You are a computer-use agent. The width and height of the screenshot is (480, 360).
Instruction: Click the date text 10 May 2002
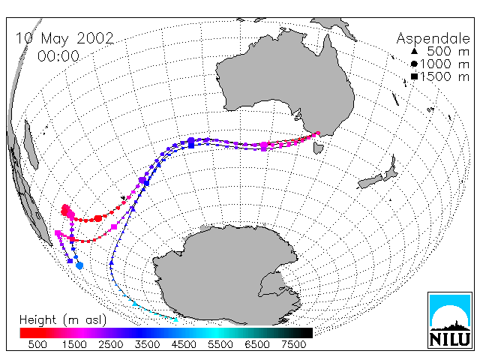coord(64,39)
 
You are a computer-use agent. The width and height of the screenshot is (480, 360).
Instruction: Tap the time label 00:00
coord(58,56)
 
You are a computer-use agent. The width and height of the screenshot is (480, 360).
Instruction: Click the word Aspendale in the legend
coord(433,39)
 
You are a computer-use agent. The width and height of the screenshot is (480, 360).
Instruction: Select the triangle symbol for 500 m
coord(414,51)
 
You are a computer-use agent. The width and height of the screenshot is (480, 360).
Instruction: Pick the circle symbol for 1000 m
coord(414,64)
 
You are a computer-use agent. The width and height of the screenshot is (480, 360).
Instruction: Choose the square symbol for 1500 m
coord(414,76)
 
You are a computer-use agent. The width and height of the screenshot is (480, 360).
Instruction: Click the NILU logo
coord(450,320)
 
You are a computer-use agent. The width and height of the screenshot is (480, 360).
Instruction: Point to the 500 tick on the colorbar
coord(37,345)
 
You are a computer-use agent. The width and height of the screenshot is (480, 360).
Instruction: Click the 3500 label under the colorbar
coord(147,345)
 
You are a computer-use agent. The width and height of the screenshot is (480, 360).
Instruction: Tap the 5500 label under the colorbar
coord(220,345)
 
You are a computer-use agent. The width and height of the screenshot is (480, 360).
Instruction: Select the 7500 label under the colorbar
coord(293,345)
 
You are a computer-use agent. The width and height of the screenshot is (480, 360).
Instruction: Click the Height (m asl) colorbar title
coord(63,320)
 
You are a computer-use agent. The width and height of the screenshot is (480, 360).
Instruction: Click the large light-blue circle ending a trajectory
coord(79,265)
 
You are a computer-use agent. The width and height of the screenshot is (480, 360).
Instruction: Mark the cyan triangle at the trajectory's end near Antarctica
coord(175,319)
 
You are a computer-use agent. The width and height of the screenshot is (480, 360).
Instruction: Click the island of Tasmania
coord(318,148)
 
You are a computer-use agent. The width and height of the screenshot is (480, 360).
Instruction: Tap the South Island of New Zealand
coord(370,181)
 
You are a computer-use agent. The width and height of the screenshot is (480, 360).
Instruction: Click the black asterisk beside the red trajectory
coord(123,198)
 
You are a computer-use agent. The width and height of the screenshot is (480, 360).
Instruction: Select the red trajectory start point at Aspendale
coord(318,133)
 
